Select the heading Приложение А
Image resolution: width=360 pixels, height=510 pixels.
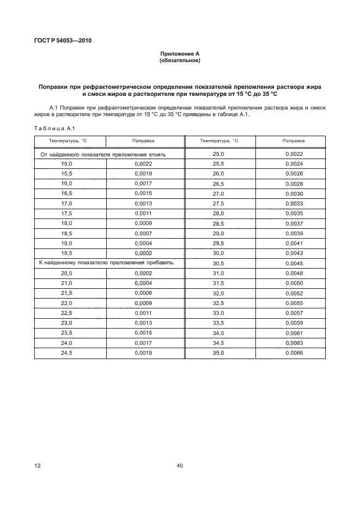(x=180, y=54)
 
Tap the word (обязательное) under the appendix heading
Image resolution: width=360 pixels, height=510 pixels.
(x=180, y=60)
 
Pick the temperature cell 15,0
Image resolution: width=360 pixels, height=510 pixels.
(x=67, y=163)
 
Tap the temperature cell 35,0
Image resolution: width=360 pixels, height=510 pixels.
(x=218, y=353)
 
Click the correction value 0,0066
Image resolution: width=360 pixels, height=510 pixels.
(x=294, y=353)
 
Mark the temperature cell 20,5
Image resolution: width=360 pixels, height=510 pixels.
(x=67, y=272)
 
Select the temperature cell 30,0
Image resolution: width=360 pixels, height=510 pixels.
(x=218, y=253)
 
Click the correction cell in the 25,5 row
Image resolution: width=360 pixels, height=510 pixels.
(x=294, y=163)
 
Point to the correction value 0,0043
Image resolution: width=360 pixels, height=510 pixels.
(x=294, y=253)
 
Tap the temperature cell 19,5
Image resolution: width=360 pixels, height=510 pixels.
(x=67, y=253)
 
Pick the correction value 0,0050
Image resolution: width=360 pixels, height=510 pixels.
(x=294, y=283)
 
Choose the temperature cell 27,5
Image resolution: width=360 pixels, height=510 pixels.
(x=218, y=204)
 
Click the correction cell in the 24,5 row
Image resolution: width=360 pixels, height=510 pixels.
(x=143, y=353)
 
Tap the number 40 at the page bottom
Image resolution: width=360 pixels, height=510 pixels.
(x=180, y=466)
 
